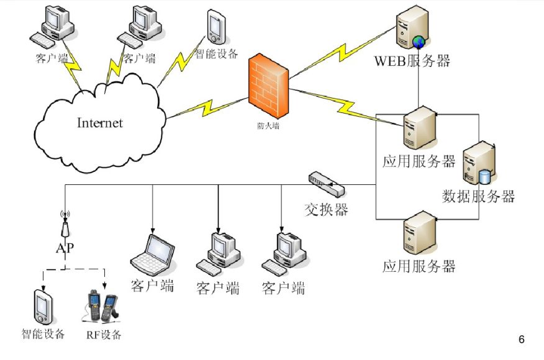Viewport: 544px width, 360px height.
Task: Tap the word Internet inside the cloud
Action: [100, 122]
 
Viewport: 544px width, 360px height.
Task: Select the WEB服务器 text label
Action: [412, 61]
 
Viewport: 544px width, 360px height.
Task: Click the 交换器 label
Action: [326, 209]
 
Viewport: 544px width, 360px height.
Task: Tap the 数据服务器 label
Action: [478, 197]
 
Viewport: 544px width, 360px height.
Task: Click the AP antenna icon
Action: [65, 225]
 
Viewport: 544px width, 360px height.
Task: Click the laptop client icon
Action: [152, 255]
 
